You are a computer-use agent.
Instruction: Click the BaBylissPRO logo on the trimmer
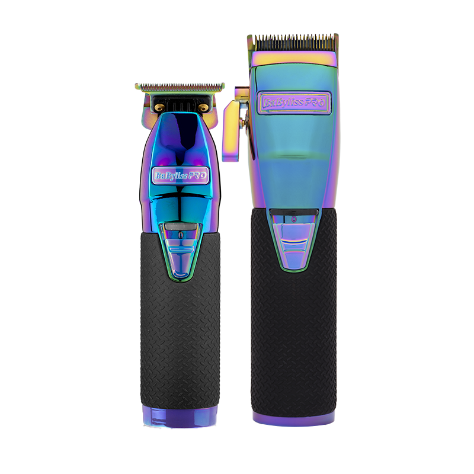click(x=181, y=175)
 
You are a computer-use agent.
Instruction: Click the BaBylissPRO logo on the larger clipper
click(x=294, y=103)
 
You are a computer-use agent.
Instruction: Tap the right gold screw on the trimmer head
click(x=204, y=107)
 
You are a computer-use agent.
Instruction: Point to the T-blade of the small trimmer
click(x=180, y=87)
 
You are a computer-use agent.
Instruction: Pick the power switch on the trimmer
click(x=181, y=248)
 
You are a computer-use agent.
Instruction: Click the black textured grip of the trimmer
click(x=180, y=332)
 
